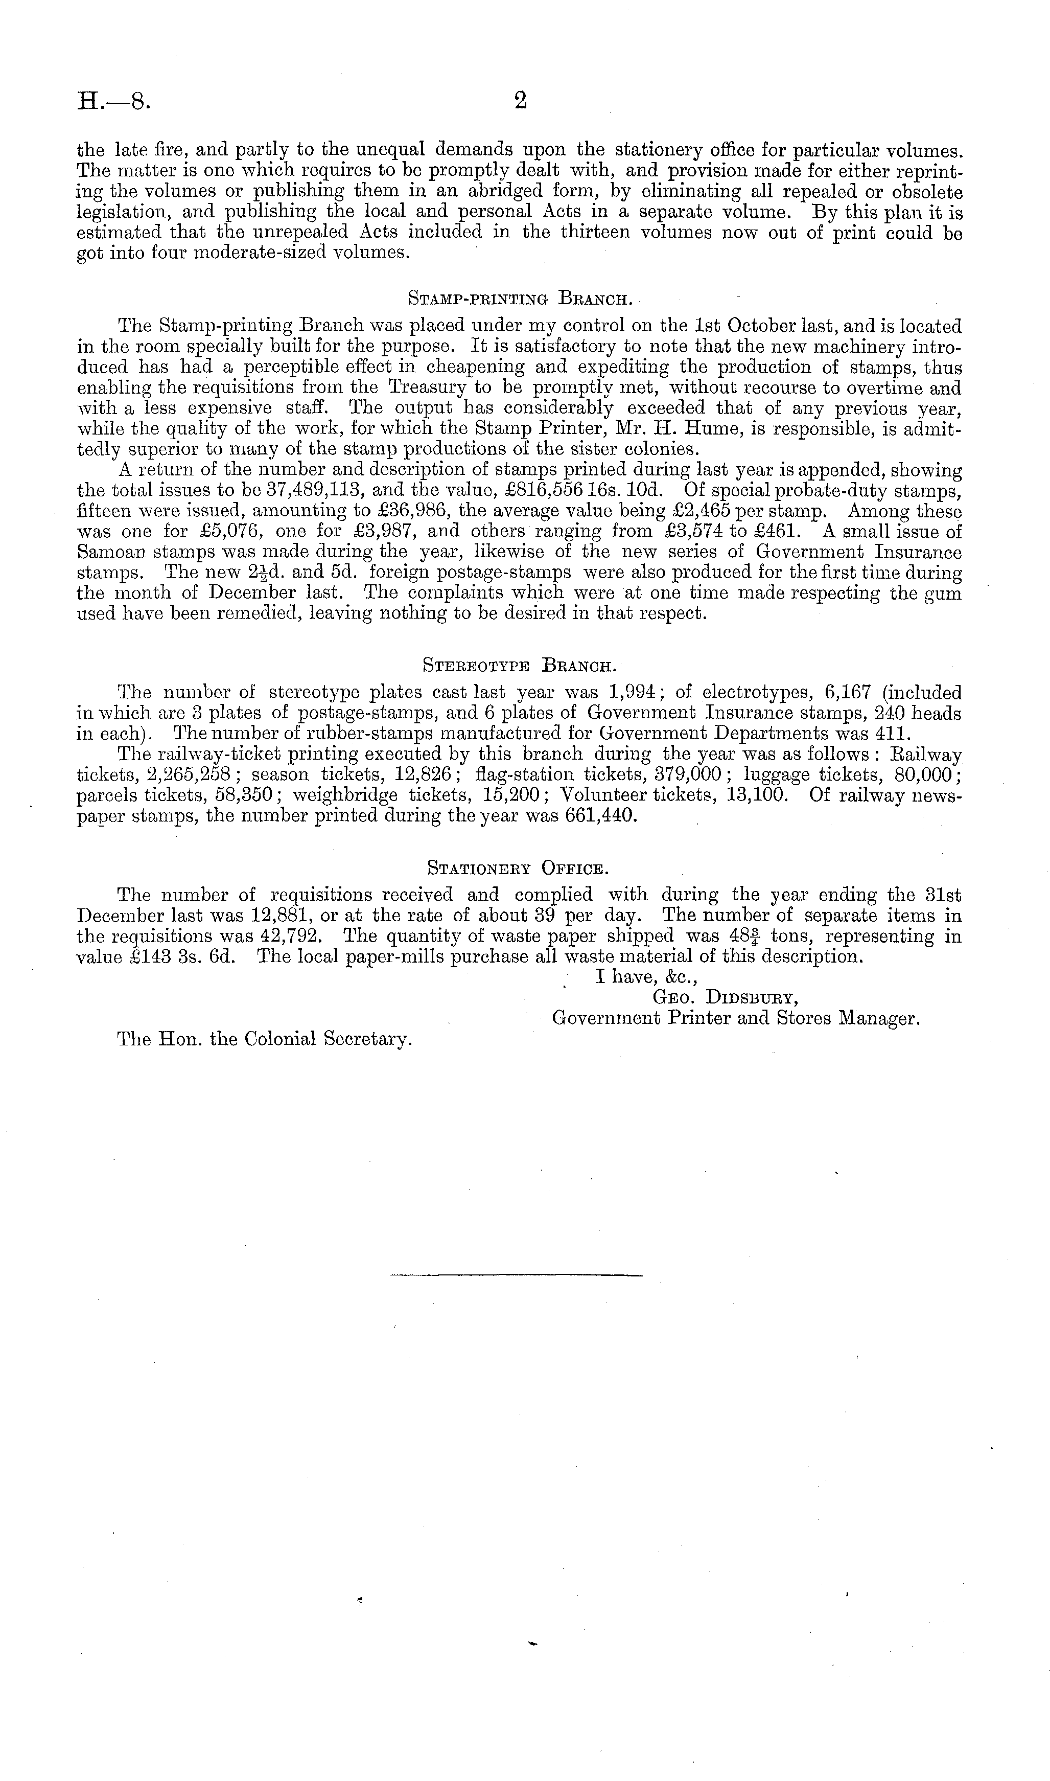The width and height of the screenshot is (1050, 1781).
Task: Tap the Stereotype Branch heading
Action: click(x=520, y=666)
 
